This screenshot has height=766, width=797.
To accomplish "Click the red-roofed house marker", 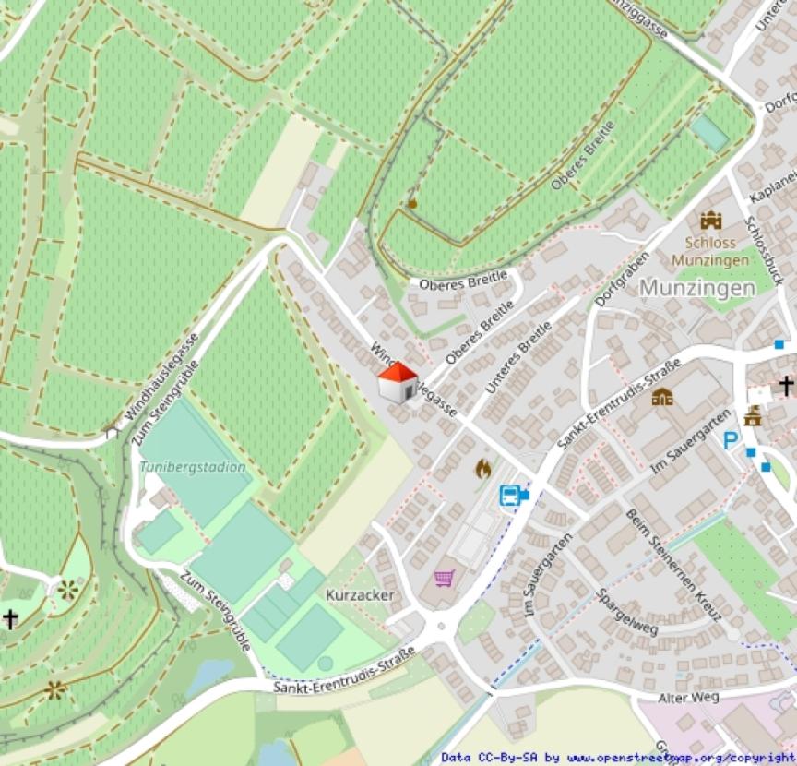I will click(x=398, y=382).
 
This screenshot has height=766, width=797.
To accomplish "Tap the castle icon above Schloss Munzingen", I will click(x=710, y=221).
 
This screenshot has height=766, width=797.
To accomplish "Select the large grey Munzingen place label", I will click(x=696, y=287).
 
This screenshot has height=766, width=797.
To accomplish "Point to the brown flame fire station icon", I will click(x=482, y=469).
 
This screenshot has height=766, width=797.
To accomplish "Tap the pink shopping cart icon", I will click(x=445, y=578).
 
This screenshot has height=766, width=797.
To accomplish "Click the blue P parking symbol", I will click(x=731, y=442).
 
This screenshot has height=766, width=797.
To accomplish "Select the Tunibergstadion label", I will click(x=193, y=467).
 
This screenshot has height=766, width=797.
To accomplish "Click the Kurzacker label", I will click(x=360, y=595).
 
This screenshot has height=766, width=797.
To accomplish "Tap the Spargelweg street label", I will click(x=627, y=613).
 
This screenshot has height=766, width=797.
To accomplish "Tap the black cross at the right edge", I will click(x=786, y=385).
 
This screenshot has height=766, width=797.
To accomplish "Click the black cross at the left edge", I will click(x=10, y=617).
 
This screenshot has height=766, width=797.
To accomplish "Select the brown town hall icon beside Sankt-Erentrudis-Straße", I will click(x=661, y=397).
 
